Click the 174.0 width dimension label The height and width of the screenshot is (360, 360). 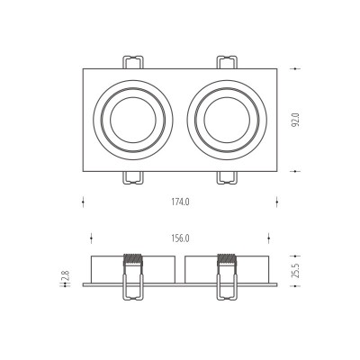(180, 202)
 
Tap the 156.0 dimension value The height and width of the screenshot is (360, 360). (180, 238)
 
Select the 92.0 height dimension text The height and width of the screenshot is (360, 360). (295, 120)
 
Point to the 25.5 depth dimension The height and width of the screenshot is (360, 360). (295, 271)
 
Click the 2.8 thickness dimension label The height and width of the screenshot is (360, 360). (66, 275)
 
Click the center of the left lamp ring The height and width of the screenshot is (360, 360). (133, 120)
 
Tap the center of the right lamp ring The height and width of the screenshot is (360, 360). (227, 120)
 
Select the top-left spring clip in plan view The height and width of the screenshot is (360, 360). (133, 62)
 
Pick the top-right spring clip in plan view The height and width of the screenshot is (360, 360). (227, 62)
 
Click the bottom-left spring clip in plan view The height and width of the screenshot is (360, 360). (133, 177)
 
